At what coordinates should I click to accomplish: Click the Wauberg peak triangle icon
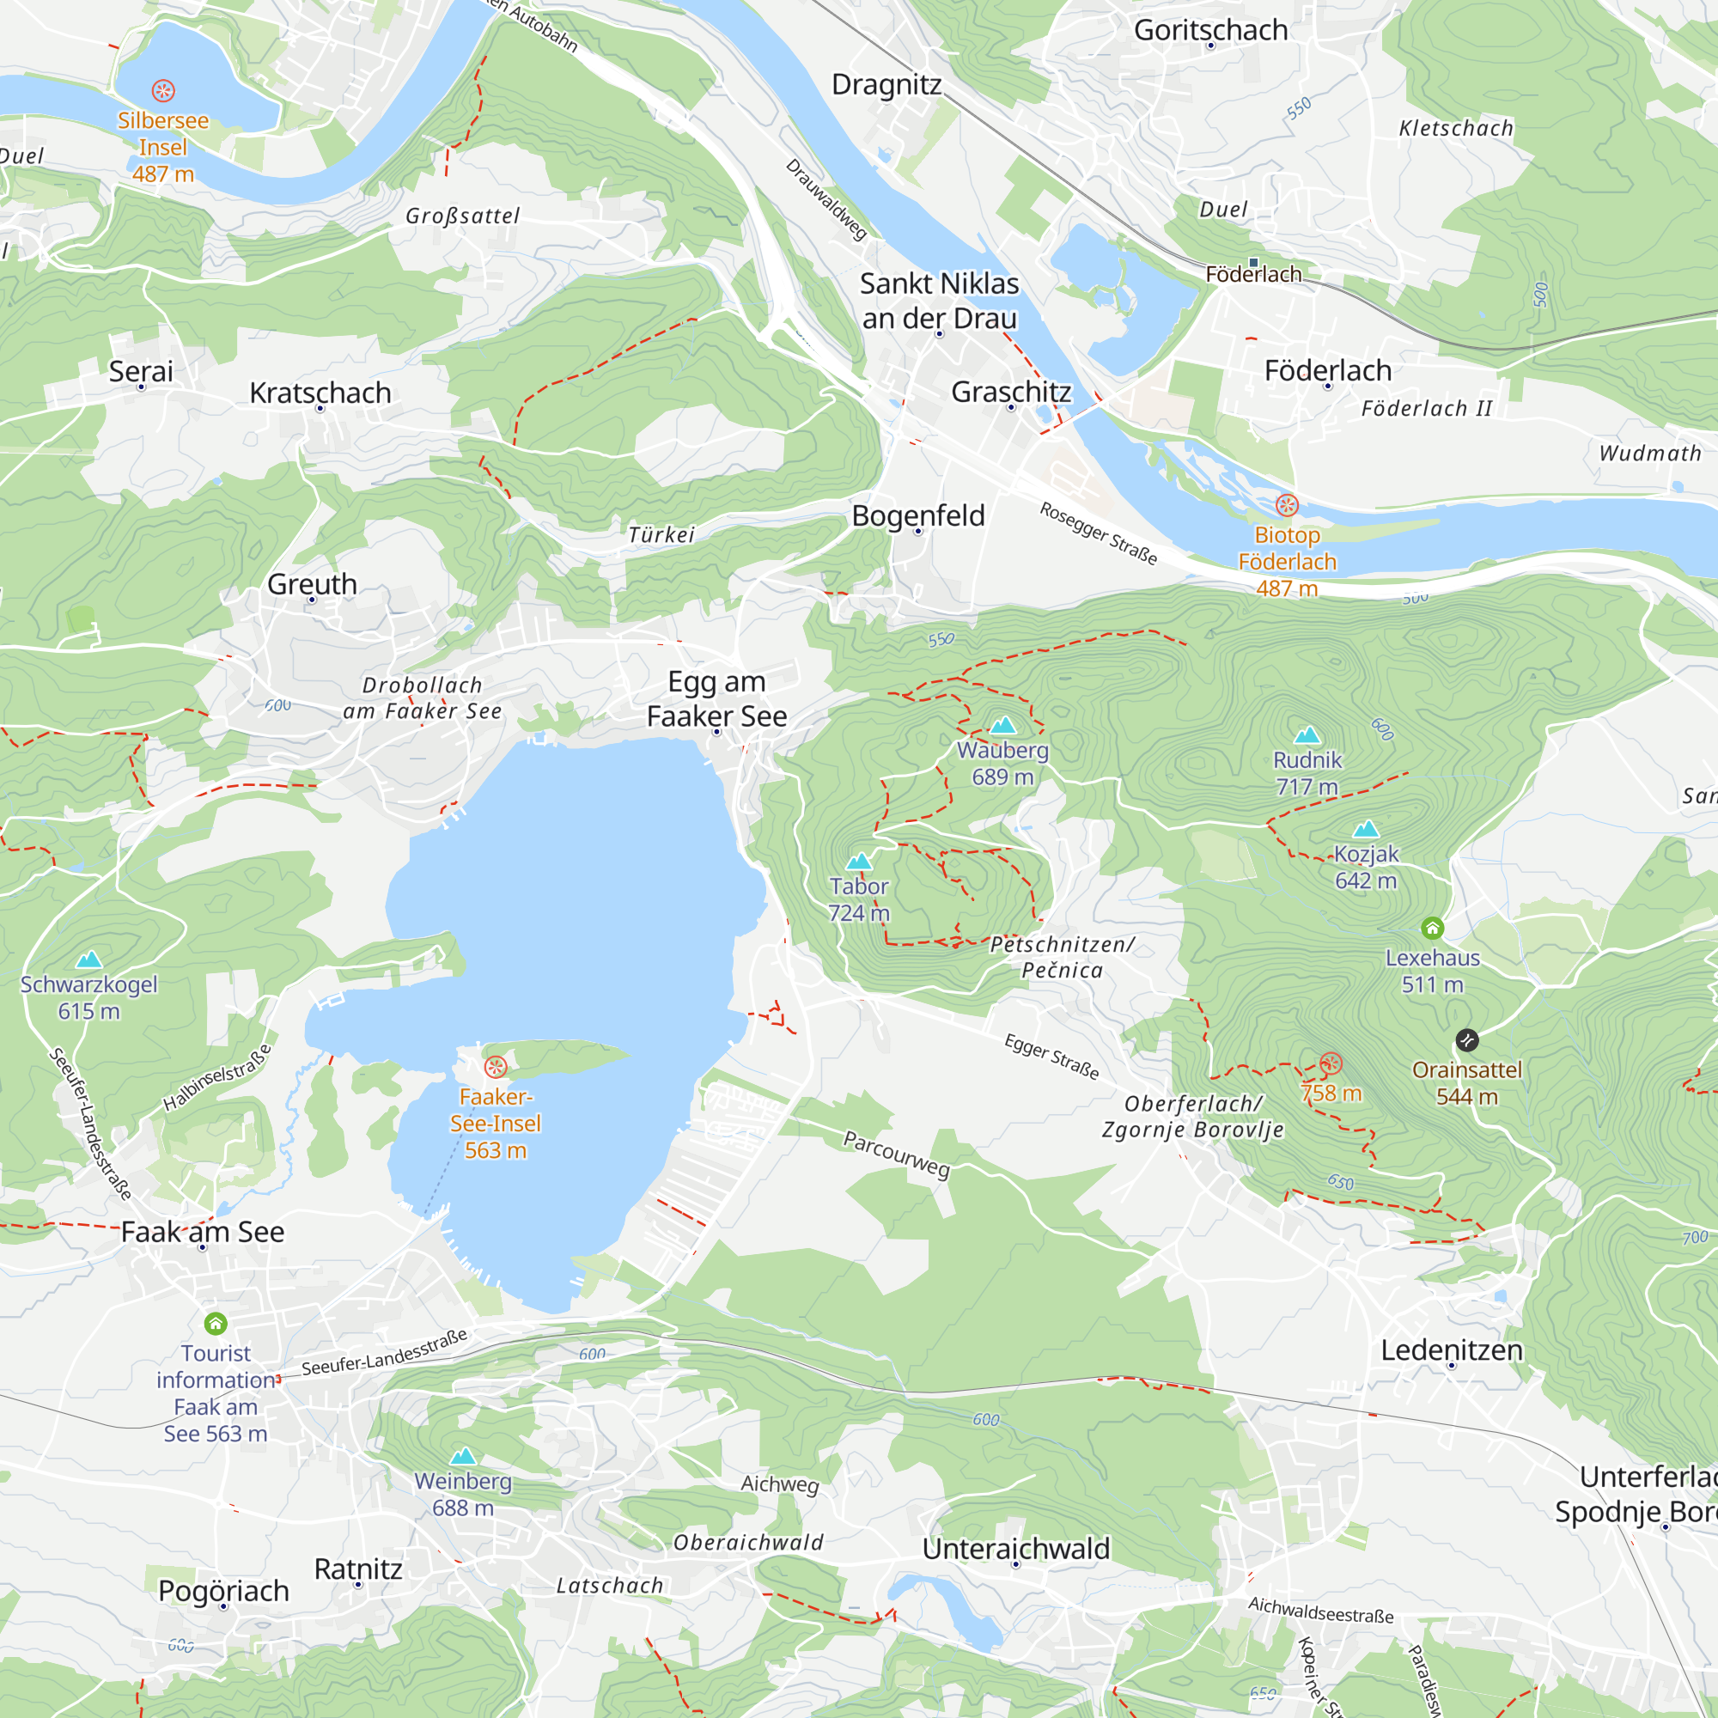(1002, 726)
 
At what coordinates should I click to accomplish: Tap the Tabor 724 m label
(858, 899)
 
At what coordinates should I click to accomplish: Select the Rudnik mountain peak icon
(1307, 735)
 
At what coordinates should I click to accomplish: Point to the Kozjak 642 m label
(1365, 867)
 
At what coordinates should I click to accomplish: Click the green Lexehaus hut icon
(1432, 929)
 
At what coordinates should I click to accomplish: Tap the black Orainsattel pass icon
(1466, 1039)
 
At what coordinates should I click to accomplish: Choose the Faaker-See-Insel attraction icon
(496, 1066)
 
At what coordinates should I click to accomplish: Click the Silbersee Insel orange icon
(162, 91)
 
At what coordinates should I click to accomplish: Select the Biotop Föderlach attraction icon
(1287, 506)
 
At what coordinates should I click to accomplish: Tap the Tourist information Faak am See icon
(216, 1324)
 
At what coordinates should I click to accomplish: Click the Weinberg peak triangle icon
(462, 1457)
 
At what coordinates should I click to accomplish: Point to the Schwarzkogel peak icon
(89, 960)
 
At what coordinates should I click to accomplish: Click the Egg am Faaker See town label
(716, 699)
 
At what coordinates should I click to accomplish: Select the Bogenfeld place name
(917, 515)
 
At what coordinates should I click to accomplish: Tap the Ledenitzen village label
(1451, 1349)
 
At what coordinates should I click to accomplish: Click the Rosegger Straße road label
(1098, 533)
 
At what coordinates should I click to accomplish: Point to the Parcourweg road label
(896, 1154)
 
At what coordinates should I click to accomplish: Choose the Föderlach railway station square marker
(1254, 262)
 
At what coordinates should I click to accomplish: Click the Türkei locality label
(661, 534)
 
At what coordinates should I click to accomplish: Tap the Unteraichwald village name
(1015, 1549)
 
